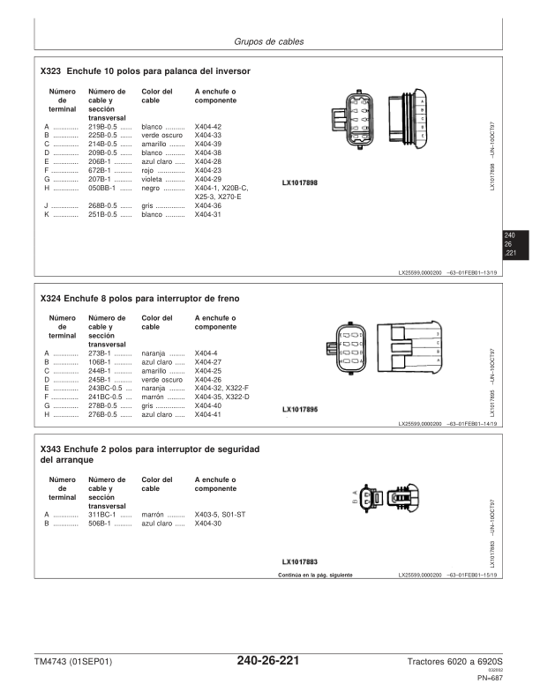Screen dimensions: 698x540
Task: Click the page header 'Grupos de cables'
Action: (x=268, y=41)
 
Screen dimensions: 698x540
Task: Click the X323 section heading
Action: (x=146, y=70)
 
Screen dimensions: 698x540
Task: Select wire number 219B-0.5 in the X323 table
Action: (x=104, y=127)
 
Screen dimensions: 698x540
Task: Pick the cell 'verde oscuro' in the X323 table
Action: (x=162, y=136)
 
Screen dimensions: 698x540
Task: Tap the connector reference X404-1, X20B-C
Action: (x=221, y=188)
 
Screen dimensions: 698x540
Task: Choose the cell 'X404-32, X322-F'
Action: (x=221, y=388)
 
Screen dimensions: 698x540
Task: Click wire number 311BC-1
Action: (x=105, y=515)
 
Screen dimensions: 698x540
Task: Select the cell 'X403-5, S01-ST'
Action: (x=220, y=515)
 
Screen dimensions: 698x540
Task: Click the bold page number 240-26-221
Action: (x=268, y=661)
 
